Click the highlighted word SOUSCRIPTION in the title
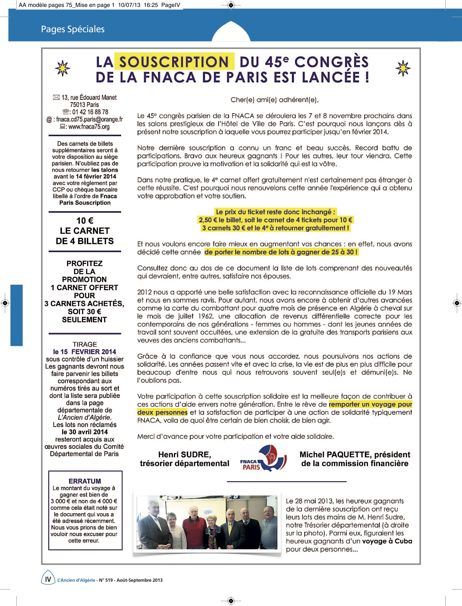pos(174,62)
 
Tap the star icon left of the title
pos(63,68)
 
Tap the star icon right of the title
pos(403,68)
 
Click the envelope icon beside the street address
pos(56,98)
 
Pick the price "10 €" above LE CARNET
pos(85,221)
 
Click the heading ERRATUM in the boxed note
pos(85,481)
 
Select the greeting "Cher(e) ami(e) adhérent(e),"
pos(275,100)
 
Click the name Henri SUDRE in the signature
pos(185,455)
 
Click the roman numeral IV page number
pos(48,579)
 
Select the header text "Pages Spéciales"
pos(73,29)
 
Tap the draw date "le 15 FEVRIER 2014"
pos(85,352)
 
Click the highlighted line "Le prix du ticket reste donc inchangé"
pos(275,212)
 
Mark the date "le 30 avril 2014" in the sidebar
pos(85,432)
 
